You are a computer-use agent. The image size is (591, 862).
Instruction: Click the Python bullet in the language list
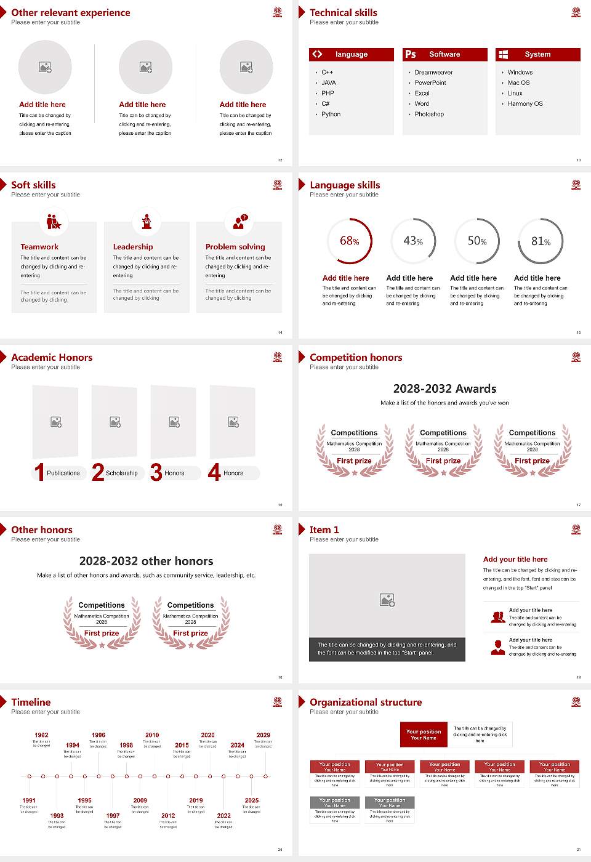tap(331, 115)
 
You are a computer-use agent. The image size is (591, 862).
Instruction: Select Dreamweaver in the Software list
tap(433, 73)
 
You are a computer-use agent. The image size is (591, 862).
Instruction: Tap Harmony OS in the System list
tap(525, 104)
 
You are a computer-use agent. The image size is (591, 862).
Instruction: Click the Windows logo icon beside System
tap(503, 54)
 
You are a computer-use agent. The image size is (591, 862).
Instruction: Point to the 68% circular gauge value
tap(350, 241)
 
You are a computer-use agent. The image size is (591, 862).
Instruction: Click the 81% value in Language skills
tap(541, 241)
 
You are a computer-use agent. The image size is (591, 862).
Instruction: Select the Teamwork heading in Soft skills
tap(39, 247)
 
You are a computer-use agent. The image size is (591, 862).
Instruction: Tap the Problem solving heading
tap(235, 247)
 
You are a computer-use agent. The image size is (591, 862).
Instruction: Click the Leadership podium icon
tap(147, 222)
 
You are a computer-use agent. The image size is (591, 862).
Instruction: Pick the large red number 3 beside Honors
tap(156, 472)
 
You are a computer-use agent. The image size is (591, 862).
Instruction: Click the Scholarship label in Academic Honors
tap(121, 473)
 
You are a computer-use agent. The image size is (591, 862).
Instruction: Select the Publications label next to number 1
tap(63, 473)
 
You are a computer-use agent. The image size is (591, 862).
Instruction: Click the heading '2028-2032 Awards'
tap(444, 389)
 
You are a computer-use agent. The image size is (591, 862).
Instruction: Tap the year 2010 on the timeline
tap(152, 735)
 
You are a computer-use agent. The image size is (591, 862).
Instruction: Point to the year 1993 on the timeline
tap(57, 816)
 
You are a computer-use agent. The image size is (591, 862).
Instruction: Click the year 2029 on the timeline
tap(263, 735)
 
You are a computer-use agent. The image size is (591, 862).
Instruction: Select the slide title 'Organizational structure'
tap(366, 703)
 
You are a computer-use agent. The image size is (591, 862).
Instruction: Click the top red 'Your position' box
tap(424, 735)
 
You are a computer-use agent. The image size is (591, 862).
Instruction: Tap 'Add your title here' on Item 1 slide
tap(515, 560)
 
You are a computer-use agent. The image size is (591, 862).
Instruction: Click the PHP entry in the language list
tap(328, 94)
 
